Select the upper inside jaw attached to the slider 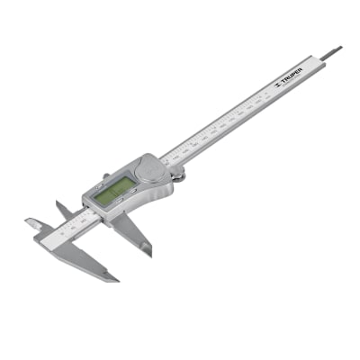tap(63, 210)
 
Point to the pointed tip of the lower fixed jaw tap(114, 278)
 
